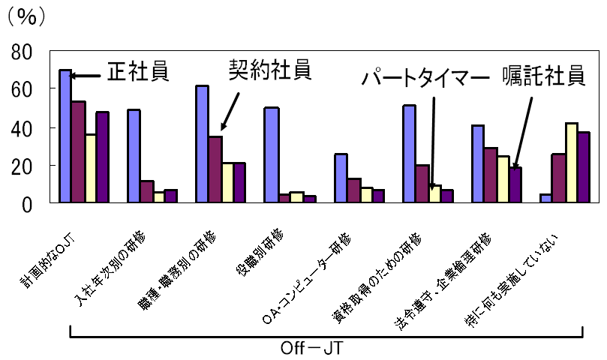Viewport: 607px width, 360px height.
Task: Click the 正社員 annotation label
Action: pyautogui.click(x=137, y=70)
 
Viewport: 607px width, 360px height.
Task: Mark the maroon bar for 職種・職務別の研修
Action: pyautogui.click(x=215, y=169)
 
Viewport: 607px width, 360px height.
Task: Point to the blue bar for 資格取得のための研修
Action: pyautogui.click(x=409, y=154)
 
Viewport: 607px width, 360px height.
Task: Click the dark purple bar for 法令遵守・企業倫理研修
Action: pyautogui.click(x=515, y=184)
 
